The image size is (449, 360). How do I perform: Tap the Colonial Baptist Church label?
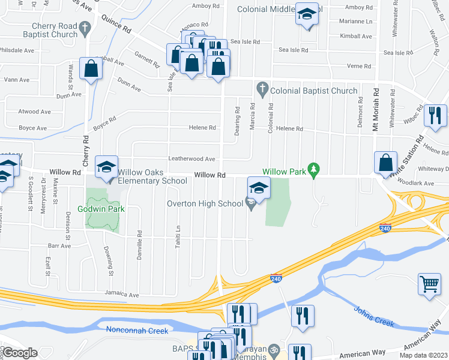314,91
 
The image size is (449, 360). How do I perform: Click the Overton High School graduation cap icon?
258,189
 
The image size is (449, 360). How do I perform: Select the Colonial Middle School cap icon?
307,15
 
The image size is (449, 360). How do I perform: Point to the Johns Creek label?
373,316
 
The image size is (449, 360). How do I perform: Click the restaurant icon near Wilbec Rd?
435,115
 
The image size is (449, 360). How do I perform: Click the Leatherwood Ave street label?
191,159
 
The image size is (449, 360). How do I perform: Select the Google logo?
20,353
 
